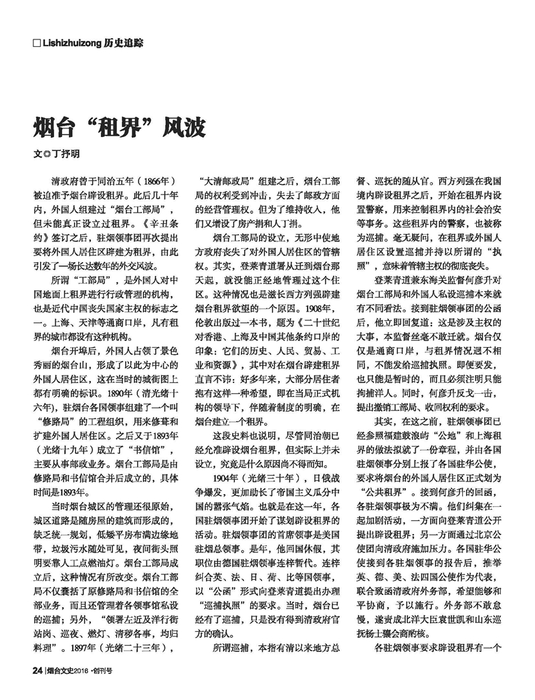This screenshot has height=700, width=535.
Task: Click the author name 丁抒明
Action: click(66, 153)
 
